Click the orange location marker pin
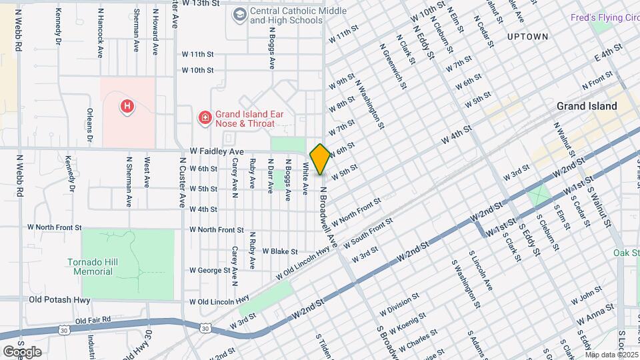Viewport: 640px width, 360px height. pyautogui.click(x=320, y=159)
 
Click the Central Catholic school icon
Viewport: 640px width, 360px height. pyautogui.click(x=239, y=14)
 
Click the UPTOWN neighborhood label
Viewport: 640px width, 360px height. pyautogui.click(x=527, y=37)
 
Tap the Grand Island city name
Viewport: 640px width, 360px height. pyautogui.click(x=587, y=106)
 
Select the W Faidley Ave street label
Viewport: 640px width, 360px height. pyautogui.click(x=217, y=152)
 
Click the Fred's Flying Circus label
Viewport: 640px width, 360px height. pyautogui.click(x=604, y=16)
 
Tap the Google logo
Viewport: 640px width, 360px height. pyautogui.click(x=22, y=351)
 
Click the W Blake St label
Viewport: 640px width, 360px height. pyautogui.click(x=279, y=251)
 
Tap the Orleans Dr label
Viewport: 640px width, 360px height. pyautogui.click(x=89, y=127)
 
